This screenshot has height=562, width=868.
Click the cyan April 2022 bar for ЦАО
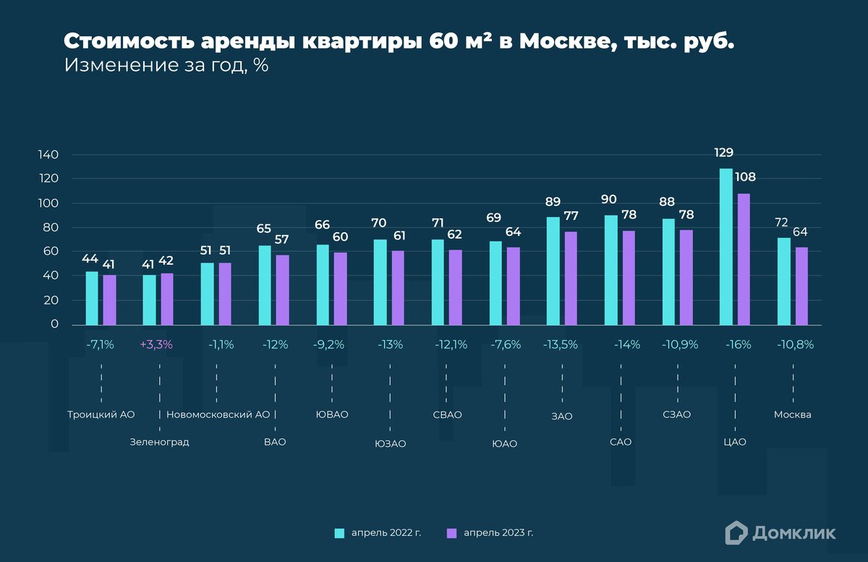(x=726, y=247)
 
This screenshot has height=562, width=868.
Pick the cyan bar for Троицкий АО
(x=92, y=298)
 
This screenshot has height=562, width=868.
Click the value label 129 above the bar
(x=724, y=153)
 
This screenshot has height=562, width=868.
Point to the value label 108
(x=745, y=176)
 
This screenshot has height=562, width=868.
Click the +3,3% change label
(x=156, y=345)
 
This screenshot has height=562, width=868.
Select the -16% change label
(x=738, y=345)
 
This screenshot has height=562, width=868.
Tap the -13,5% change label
(x=561, y=345)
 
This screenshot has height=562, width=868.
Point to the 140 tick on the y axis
(x=48, y=155)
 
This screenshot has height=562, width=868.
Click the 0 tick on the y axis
(x=54, y=325)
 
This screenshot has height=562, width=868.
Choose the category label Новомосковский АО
(x=218, y=415)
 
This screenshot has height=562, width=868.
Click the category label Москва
(x=792, y=415)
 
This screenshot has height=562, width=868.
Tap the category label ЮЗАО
(x=391, y=443)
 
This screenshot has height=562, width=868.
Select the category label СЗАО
(x=676, y=415)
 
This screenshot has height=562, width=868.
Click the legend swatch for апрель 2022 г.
(x=339, y=533)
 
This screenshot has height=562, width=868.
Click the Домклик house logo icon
(x=736, y=532)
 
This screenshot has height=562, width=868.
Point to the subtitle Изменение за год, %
(x=166, y=65)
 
